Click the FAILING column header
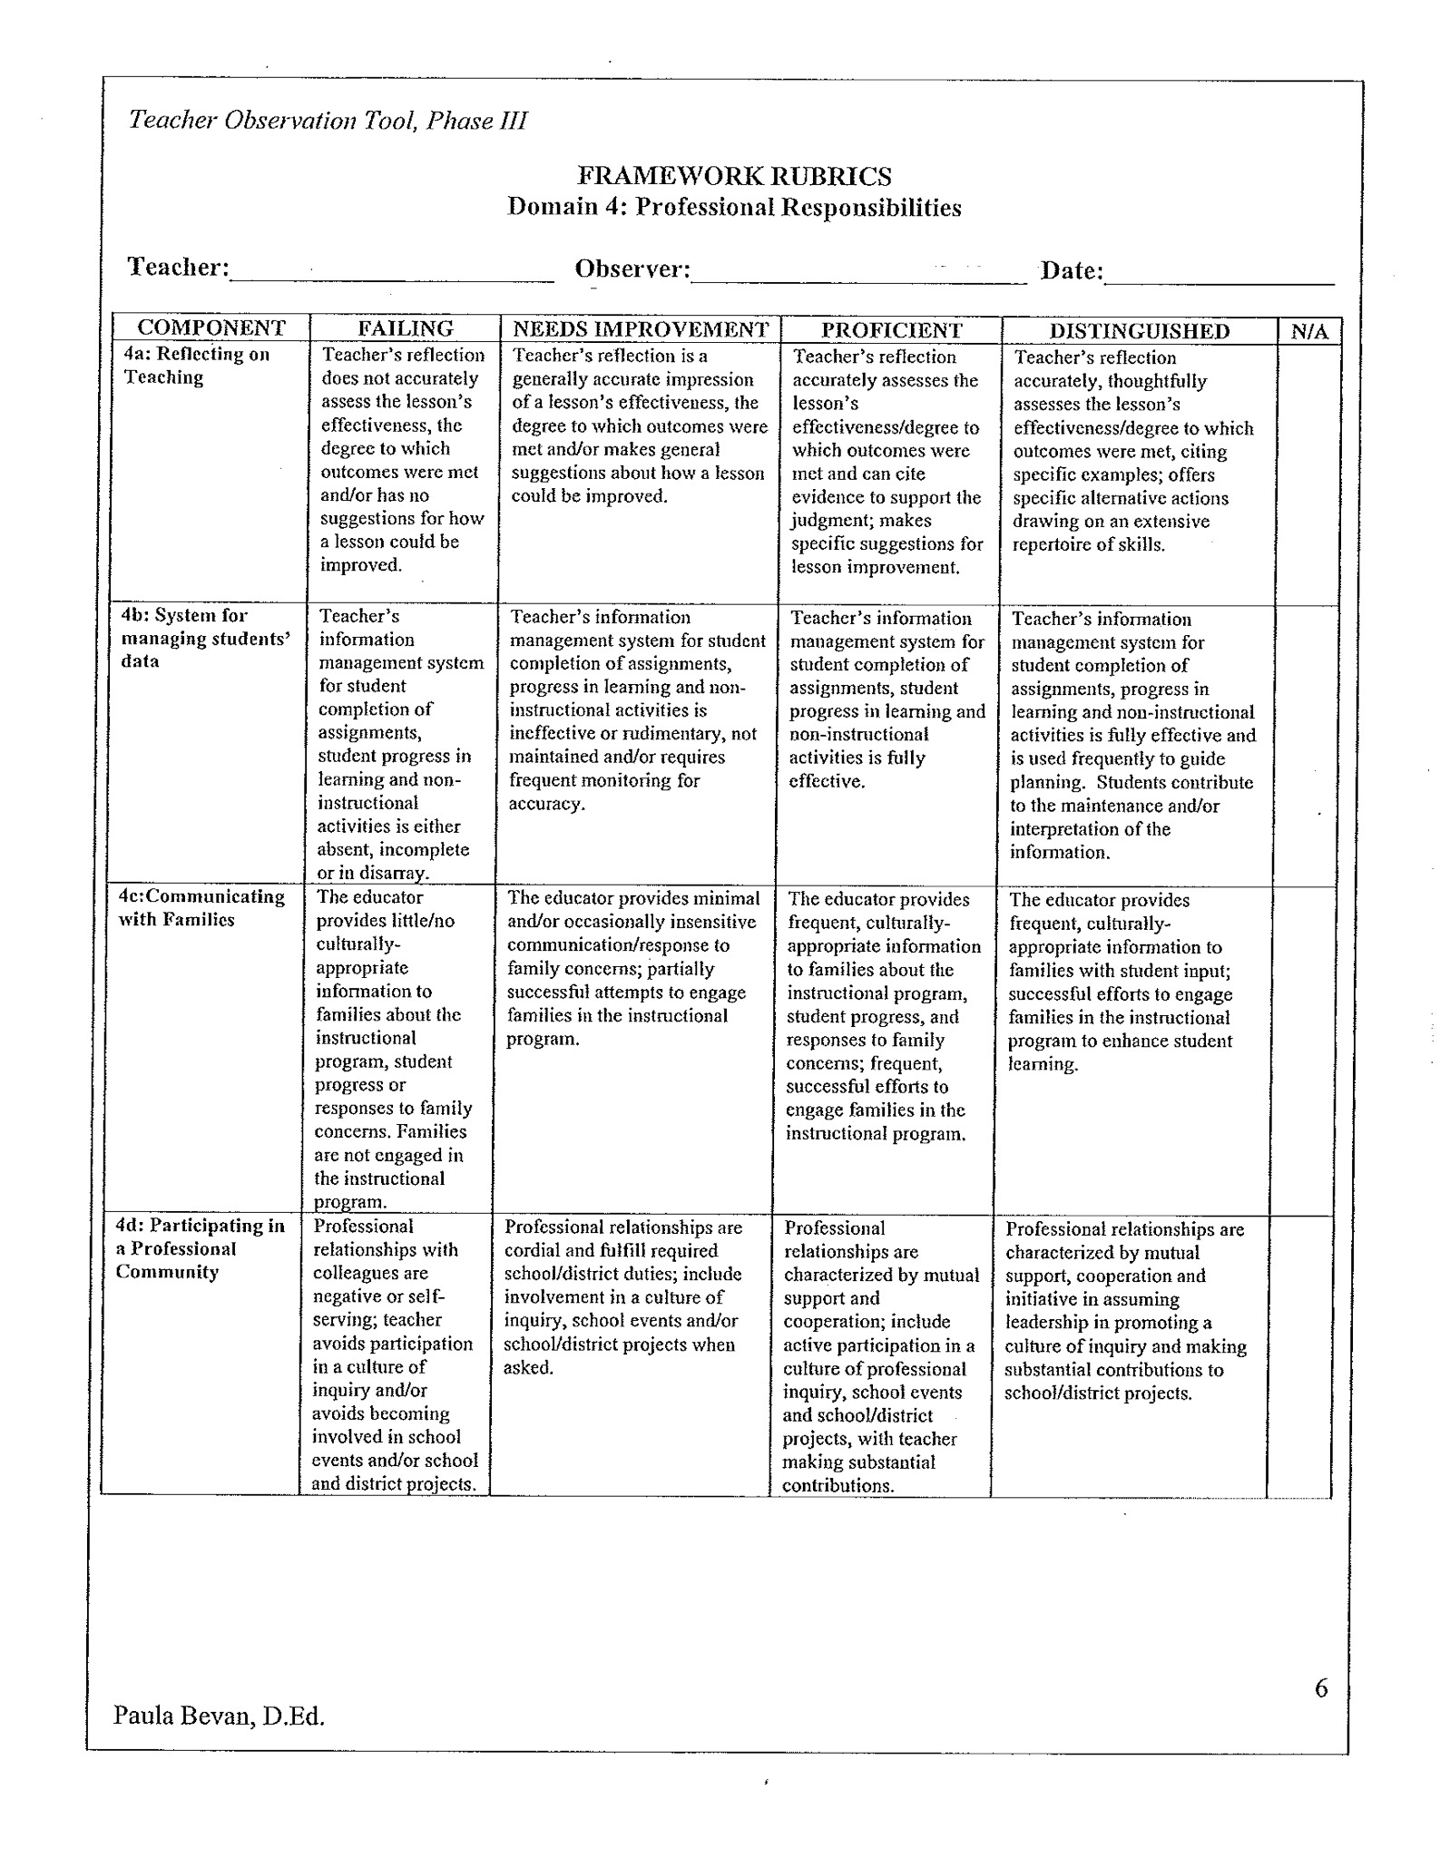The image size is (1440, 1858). pyautogui.click(x=405, y=328)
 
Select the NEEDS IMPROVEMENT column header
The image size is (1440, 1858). pyautogui.click(x=640, y=328)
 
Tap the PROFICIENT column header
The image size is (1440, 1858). pyautogui.click(x=891, y=329)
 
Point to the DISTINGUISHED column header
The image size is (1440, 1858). pyautogui.click(x=1139, y=330)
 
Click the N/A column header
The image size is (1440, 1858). pyautogui.click(x=1308, y=331)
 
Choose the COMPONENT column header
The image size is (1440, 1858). pyautogui.click(x=211, y=328)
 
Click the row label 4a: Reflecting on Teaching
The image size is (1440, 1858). pyautogui.click(x=196, y=366)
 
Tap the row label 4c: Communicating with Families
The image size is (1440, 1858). pyautogui.click(x=201, y=908)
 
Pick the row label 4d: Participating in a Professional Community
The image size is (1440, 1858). pyautogui.click(x=200, y=1248)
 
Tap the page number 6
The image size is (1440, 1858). pyautogui.click(x=1320, y=1688)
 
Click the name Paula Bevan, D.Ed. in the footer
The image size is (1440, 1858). pyautogui.click(x=219, y=1716)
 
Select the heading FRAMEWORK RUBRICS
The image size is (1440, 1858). pyautogui.click(x=734, y=176)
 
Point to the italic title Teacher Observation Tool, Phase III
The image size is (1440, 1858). pyautogui.click(x=328, y=121)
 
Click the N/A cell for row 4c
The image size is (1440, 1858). pyautogui.click(x=1304, y=1051)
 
